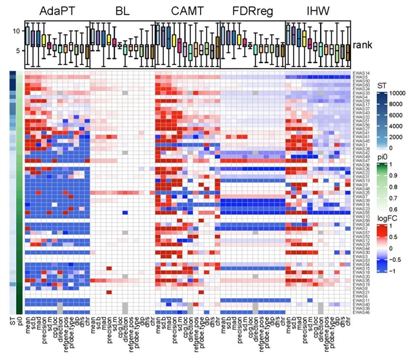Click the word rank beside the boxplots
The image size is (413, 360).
[363, 46]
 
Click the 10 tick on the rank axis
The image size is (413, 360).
[16, 31]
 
